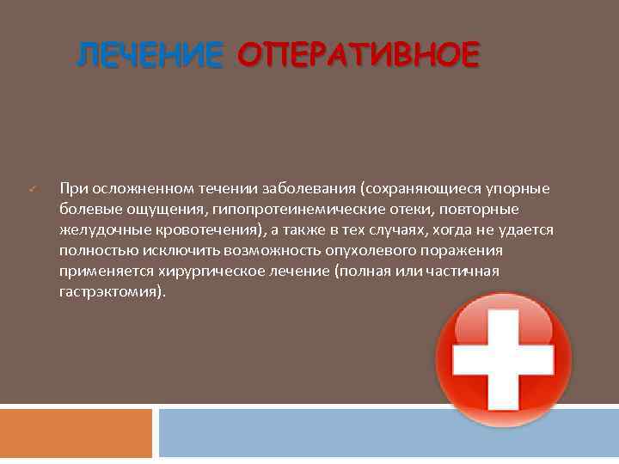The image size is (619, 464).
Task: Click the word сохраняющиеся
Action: pyautogui.click(x=415, y=189)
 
